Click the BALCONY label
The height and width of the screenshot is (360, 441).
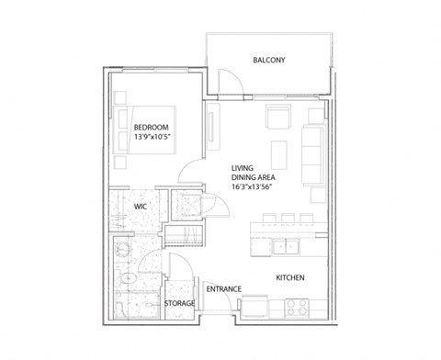(269, 61)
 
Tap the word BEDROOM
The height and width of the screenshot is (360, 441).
(152, 128)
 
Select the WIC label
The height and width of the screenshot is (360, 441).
(141, 207)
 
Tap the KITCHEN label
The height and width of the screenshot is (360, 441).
(290, 277)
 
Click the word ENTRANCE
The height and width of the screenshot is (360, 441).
(223, 289)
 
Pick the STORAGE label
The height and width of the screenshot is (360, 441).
(178, 303)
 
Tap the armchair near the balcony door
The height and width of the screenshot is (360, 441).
(276, 118)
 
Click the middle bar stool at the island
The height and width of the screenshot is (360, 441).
(285, 219)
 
